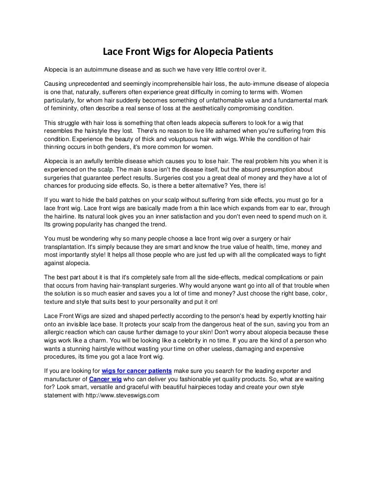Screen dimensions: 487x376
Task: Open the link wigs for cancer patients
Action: [x=137, y=371]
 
